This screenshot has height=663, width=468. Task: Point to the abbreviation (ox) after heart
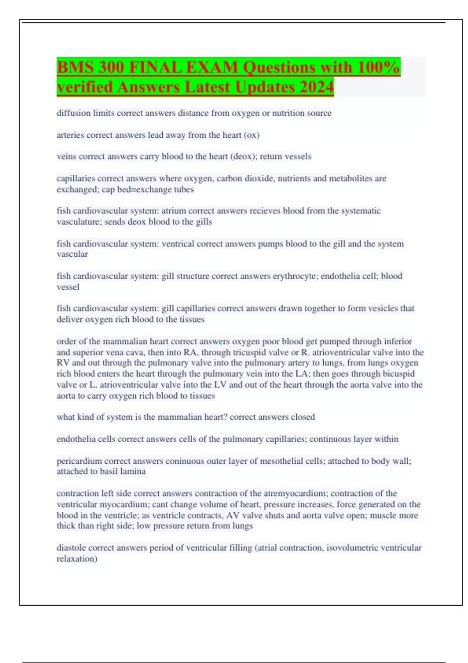coord(252,135)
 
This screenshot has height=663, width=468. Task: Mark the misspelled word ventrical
coord(178,244)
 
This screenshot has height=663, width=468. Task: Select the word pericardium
coord(79,461)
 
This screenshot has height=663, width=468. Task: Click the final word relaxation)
coord(77,558)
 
